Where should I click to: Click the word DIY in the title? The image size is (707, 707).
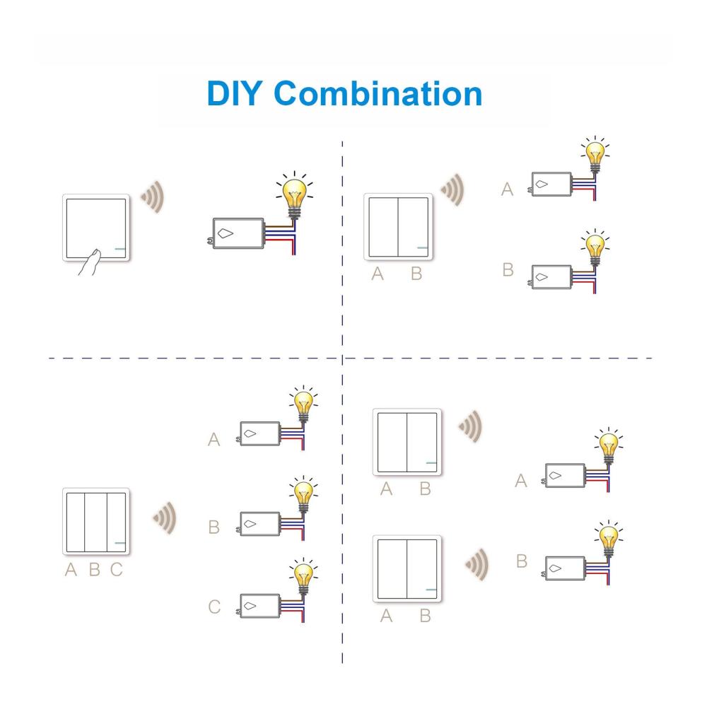233,93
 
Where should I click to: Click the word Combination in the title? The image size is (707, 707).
378,93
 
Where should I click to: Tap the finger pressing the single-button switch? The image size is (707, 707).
90,262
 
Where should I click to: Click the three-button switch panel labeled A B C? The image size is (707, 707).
96,522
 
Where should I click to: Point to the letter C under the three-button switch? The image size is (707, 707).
117,569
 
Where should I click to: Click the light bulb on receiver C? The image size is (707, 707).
303,575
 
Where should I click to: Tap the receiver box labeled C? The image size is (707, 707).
259,606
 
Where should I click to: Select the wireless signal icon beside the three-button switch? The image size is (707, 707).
165,518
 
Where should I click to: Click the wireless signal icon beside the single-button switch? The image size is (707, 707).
153,197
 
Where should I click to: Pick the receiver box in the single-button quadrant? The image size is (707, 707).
238,233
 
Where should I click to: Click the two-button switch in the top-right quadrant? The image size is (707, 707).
398,227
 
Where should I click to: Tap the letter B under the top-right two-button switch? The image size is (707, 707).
416,274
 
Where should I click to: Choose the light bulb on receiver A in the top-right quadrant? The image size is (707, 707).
595,153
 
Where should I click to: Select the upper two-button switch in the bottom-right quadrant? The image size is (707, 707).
407,442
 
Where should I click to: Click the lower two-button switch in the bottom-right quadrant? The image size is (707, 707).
407,568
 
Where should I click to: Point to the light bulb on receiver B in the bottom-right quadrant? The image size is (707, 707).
609,538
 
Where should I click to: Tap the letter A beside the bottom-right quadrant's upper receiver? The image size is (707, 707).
521,481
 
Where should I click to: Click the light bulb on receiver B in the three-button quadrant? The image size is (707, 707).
303,493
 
